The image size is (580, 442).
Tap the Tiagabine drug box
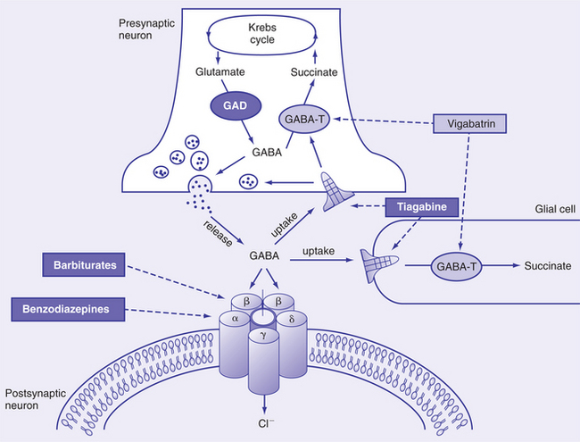(x=424, y=208)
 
